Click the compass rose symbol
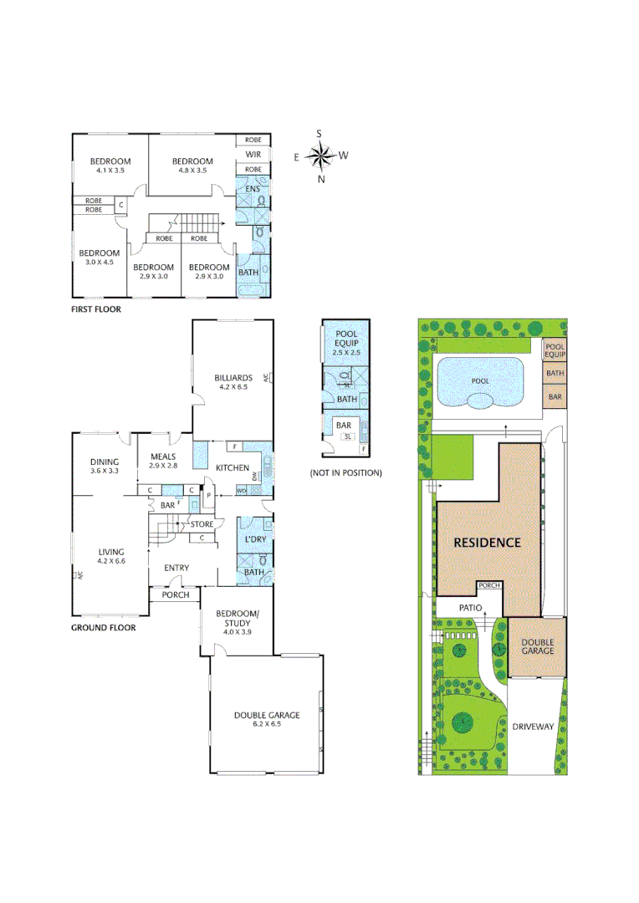tap(319, 156)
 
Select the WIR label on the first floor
tap(253, 154)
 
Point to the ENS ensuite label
tap(252, 189)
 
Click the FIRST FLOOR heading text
tap(95, 309)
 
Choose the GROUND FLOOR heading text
tap(103, 626)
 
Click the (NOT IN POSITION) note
tap(345, 472)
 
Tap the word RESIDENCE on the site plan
tap(487, 542)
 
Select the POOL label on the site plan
tap(480, 380)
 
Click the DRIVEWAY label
tap(533, 727)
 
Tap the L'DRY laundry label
tap(254, 539)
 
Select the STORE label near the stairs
tap(202, 524)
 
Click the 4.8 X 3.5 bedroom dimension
tap(192, 171)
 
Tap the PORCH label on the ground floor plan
tap(176, 595)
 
